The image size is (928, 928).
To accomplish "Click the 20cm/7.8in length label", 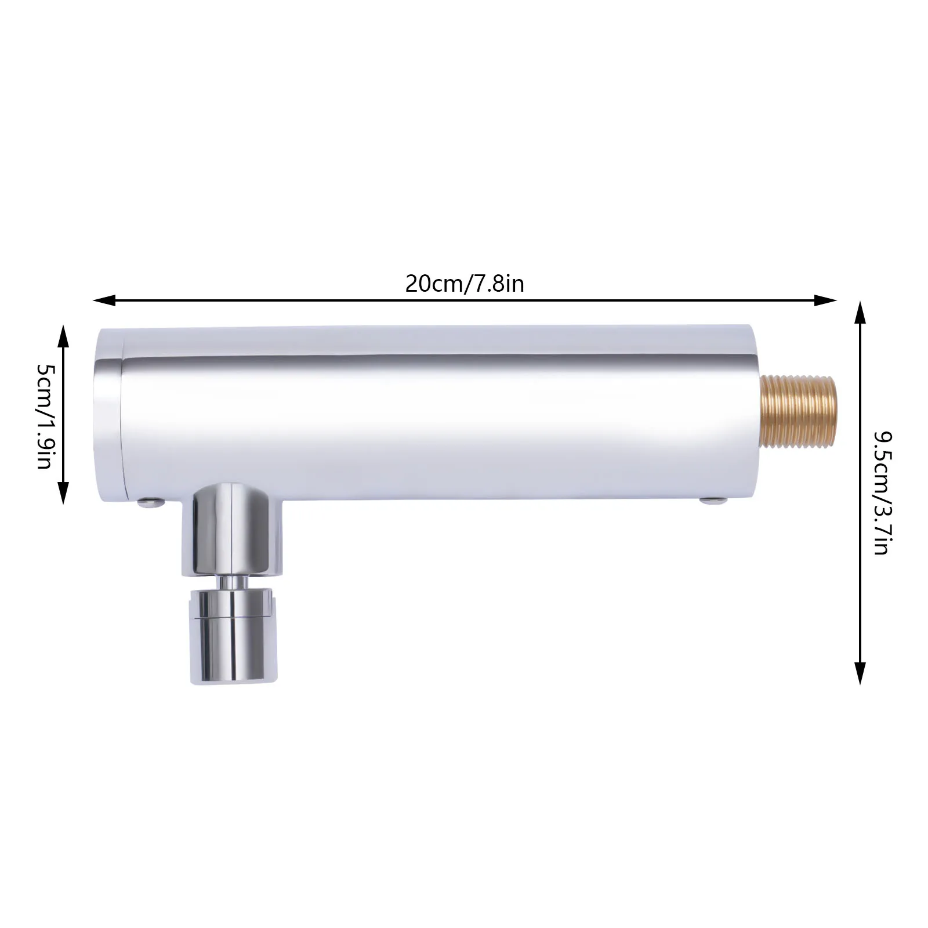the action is point(465,284).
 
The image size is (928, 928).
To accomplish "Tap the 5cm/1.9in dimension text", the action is point(45,416).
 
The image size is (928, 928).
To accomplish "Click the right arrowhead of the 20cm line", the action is point(826,300).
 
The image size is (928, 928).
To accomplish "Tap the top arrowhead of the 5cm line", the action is point(63,336).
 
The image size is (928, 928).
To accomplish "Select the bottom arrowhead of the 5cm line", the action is point(63,493).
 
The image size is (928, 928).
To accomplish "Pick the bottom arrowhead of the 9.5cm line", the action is point(860,673).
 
